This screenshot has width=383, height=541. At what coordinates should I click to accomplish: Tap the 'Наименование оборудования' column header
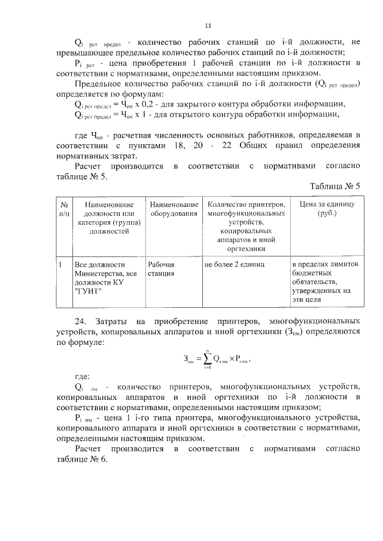tap(174, 209)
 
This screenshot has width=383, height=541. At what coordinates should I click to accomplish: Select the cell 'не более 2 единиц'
tap(234, 264)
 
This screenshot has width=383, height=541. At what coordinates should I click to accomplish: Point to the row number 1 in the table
tap(61, 264)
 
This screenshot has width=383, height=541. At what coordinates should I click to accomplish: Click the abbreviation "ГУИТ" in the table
tap(89, 291)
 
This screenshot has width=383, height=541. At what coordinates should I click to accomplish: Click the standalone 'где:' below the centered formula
tap(81, 378)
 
